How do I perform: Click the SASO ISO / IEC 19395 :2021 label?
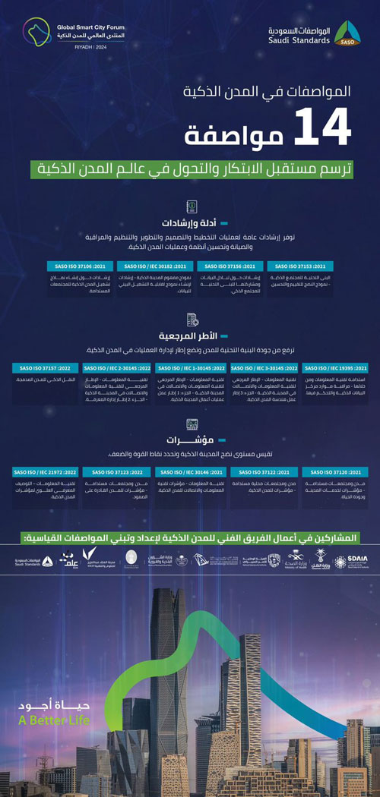(x=337, y=368)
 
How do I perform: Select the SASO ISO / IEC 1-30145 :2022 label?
(x=189, y=368)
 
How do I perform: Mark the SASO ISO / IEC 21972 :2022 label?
(x=47, y=471)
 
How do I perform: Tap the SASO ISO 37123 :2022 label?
(x=120, y=471)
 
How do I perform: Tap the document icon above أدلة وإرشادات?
(x=190, y=207)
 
